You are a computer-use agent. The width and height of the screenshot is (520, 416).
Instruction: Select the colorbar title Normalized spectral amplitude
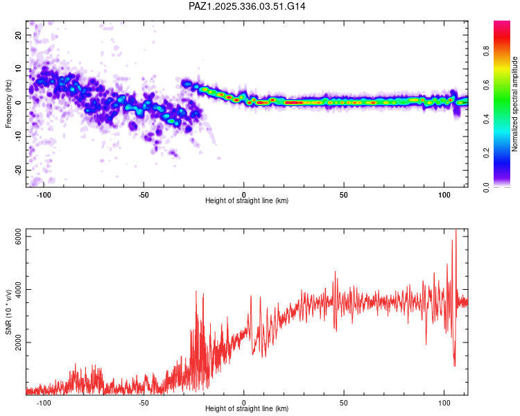pyautogui.click(x=515, y=104)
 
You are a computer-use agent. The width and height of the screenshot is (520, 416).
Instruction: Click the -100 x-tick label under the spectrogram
pyautogui.click(x=44, y=195)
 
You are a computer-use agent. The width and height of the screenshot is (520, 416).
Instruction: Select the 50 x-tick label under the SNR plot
pyautogui.click(x=344, y=403)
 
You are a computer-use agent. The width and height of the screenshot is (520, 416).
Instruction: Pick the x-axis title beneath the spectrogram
pyautogui.click(x=247, y=201)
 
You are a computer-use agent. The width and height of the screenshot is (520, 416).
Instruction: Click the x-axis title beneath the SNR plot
pyautogui.click(x=247, y=409)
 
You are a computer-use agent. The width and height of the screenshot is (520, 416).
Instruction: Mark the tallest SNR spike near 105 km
pyautogui.click(x=456, y=232)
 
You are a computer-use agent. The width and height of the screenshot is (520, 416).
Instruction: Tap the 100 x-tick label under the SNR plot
pyautogui.click(x=444, y=403)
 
